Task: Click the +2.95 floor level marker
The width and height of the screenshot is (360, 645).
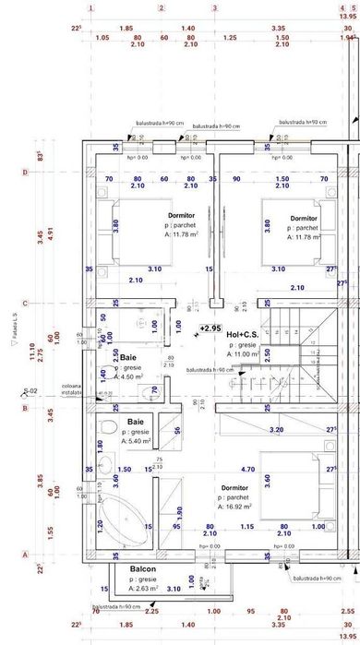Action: [x=210, y=328]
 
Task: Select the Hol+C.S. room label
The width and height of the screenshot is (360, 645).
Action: [x=246, y=334]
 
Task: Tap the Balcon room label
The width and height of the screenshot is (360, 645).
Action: [x=142, y=569]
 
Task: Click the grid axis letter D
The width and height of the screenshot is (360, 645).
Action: [x=23, y=172]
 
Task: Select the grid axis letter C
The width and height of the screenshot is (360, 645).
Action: [x=23, y=302]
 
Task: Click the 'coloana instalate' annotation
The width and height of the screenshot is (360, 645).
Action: [x=73, y=389]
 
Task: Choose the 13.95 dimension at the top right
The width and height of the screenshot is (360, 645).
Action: [x=347, y=17]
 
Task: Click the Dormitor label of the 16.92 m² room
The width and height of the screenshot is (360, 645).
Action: [x=234, y=487]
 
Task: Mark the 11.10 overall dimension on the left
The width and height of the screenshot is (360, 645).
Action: [x=31, y=352]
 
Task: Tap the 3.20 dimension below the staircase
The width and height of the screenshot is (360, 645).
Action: [x=275, y=430]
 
